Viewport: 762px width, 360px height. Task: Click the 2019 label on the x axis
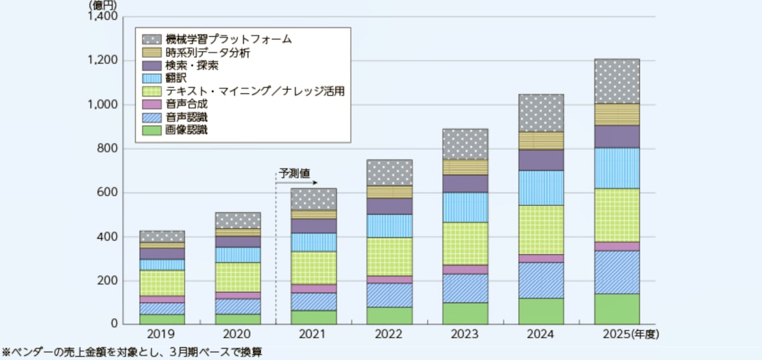point(162,334)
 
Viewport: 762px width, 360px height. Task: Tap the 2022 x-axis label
point(389,334)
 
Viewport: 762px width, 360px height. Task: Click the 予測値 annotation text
point(295,172)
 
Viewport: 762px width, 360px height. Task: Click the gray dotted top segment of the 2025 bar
point(617,81)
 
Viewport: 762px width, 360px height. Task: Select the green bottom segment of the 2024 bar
point(541,311)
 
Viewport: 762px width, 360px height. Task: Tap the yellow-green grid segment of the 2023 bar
point(465,243)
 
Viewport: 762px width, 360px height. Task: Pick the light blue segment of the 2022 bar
point(389,225)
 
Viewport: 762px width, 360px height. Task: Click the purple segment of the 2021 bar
point(314,226)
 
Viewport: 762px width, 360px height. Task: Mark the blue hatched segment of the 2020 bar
point(237,307)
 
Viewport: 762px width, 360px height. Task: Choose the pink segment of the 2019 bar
point(162,299)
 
